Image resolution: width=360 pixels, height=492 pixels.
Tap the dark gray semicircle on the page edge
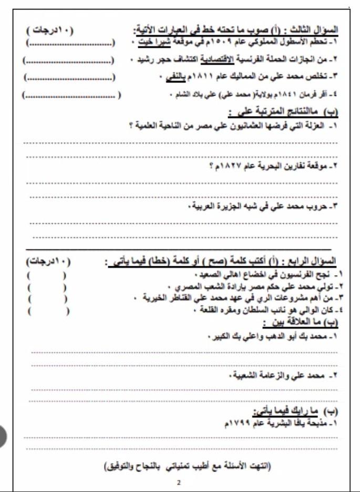tap(3, 435)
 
